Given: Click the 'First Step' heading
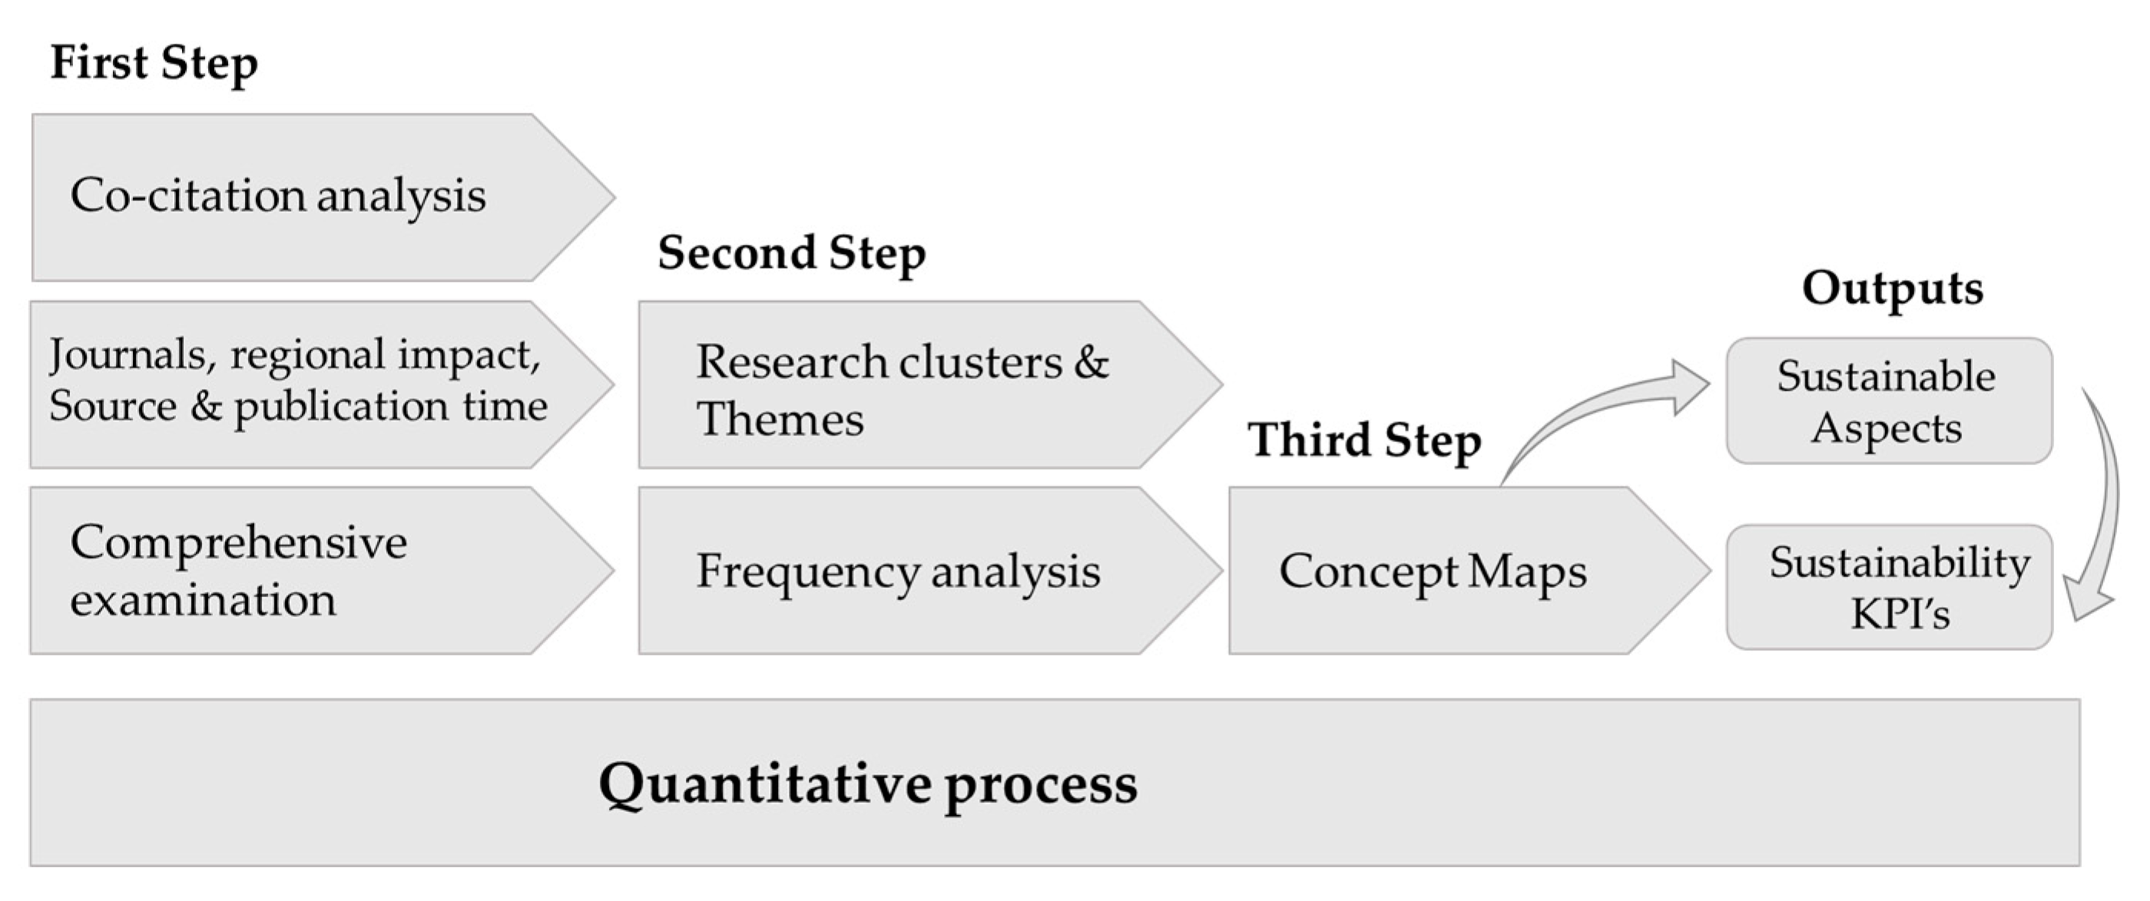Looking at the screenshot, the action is [154, 64].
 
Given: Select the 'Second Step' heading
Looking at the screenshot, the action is [791, 253].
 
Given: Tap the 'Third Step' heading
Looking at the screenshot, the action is [1365, 441].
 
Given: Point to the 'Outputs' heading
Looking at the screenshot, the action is [1892, 289].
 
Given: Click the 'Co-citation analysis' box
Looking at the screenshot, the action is [324, 197].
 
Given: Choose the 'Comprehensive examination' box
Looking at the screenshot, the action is [322, 571].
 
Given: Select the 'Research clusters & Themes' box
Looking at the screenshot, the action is [931, 384].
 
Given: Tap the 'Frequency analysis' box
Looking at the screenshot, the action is [931, 571].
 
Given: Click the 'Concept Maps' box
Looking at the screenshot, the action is [1469, 571].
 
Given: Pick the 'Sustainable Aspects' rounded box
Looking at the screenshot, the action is [1889, 401].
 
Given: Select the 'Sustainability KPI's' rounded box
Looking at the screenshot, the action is [1889, 586].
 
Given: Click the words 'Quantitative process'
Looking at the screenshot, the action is [868, 784].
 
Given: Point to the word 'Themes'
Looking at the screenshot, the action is [780, 419].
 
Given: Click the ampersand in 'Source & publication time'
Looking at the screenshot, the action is [205, 406].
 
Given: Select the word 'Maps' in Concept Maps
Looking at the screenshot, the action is [1526, 573].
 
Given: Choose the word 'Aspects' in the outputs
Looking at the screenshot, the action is [1887, 429].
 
